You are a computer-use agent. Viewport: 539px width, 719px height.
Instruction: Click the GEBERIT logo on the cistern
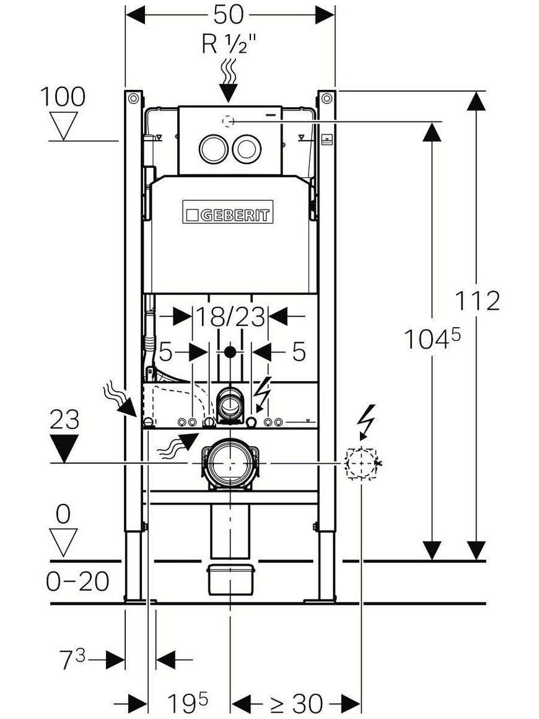coord(228,212)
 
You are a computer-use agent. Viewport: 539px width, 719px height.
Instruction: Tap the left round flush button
coord(213,149)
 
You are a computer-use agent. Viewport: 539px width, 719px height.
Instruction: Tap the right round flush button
coord(247,149)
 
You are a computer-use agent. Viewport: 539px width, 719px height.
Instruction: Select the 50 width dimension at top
coord(228,15)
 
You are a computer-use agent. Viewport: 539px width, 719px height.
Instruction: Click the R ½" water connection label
coord(229,44)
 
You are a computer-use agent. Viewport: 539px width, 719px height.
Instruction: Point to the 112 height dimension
coord(477,301)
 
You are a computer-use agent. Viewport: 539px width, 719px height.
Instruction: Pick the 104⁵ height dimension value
coord(432,338)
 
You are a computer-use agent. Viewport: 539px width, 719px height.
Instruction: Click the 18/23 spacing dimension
coord(230,316)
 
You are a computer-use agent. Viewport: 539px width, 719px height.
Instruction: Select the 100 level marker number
coord(63,97)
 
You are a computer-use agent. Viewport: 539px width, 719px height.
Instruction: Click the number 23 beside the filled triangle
coord(64,419)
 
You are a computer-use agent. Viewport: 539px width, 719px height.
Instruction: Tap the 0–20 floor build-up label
coord(77,581)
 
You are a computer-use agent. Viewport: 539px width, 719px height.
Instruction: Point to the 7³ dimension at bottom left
coord(73,659)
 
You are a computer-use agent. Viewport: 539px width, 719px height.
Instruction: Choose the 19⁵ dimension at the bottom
coord(187,702)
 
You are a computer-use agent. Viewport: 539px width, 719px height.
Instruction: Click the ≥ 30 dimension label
coord(296,703)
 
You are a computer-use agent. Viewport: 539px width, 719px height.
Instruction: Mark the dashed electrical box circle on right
coord(361,464)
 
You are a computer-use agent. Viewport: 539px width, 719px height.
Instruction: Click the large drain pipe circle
coord(230,463)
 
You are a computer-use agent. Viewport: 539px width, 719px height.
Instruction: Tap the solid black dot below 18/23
coord(230,352)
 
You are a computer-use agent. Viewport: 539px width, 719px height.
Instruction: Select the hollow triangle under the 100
coord(63,125)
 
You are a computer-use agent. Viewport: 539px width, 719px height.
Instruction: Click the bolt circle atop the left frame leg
coord(133,98)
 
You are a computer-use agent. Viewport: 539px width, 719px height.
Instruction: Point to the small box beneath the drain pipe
coord(231,580)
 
